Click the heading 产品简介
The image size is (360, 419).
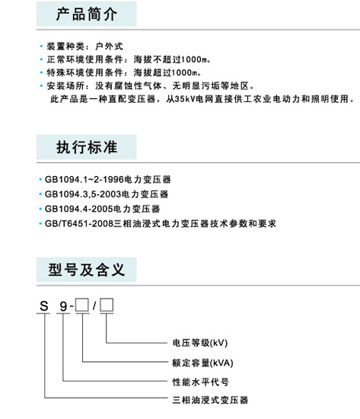point(87,14)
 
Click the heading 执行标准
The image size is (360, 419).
point(87,147)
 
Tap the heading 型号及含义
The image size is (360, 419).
point(87,270)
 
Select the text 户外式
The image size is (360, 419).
point(109,46)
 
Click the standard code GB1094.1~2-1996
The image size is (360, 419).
point(84,179)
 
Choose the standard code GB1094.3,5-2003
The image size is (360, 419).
point(83,194)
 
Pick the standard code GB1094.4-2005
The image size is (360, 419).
point(79,209)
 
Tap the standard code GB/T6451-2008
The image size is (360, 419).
point(79,223)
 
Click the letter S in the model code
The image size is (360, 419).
point(44,306)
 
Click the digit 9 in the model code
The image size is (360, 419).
point(63,306)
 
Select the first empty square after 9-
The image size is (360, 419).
point(82,305)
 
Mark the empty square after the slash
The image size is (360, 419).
point(107,305)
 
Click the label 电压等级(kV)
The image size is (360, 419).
point(200,343)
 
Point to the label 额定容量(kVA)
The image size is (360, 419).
point(203,363)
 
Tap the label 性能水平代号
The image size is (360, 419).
point(201,382)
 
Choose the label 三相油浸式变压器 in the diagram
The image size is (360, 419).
point(210,400)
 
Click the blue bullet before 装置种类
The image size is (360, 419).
point(41,46)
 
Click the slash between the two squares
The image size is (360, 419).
point(94,305)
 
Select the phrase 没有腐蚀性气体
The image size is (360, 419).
point(129,86)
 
